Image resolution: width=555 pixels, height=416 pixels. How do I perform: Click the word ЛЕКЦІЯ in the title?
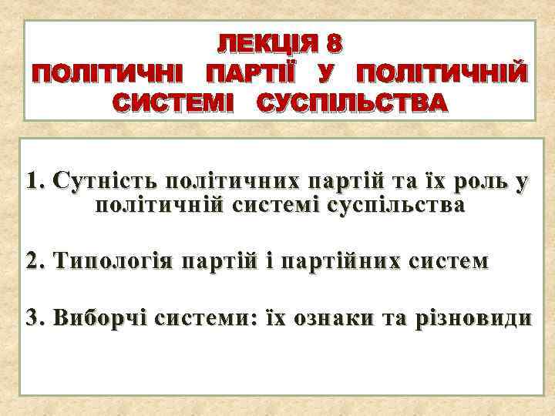click(263, 45)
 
